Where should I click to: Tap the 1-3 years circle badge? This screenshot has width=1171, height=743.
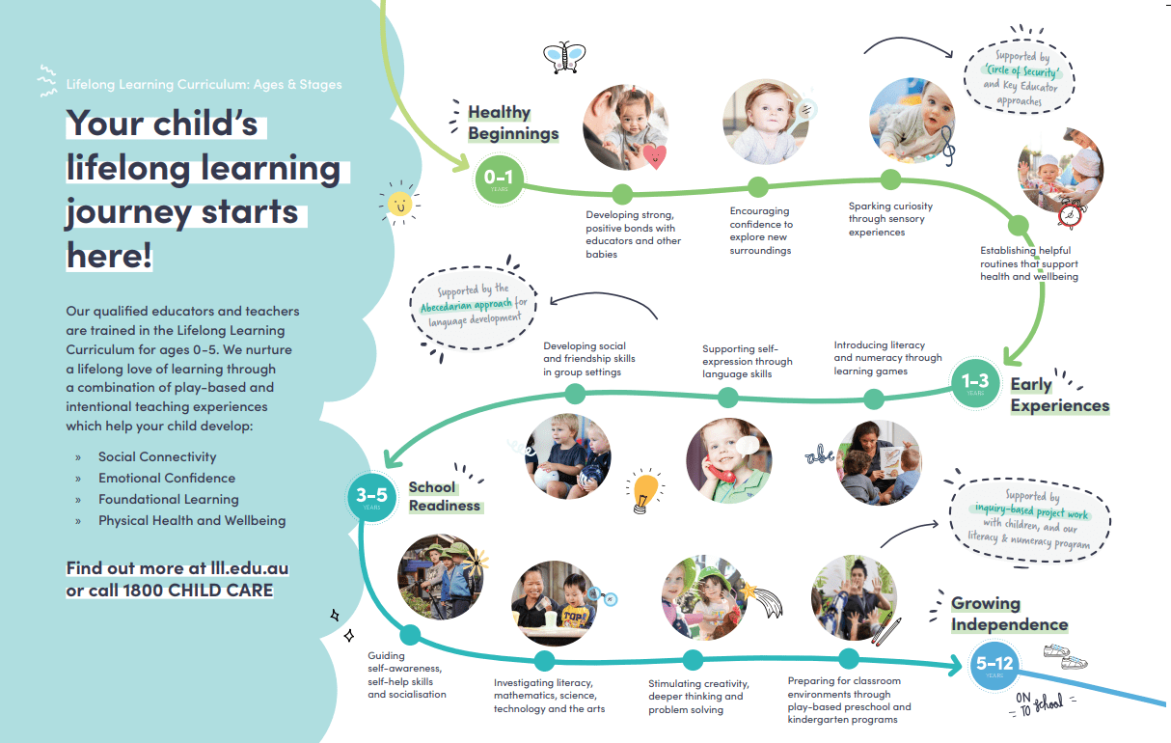pyautogui.click(x=975, y=384)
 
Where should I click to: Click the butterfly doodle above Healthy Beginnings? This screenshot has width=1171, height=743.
pyautogui.click(x=564, y=57)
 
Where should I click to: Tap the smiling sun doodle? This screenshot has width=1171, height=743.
pyautogui.click(x=399, y=203)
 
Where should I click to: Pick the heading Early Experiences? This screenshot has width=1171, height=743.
pyautogui.click(x=1058, y=396)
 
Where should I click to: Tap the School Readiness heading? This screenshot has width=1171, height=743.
pyautogui.click(x=444, y=496)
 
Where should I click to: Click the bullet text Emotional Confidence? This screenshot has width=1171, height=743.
pyautogui.click(x=166, y=478)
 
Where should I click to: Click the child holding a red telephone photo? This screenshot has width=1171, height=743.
pyautogui.click(x=728, y=461)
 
